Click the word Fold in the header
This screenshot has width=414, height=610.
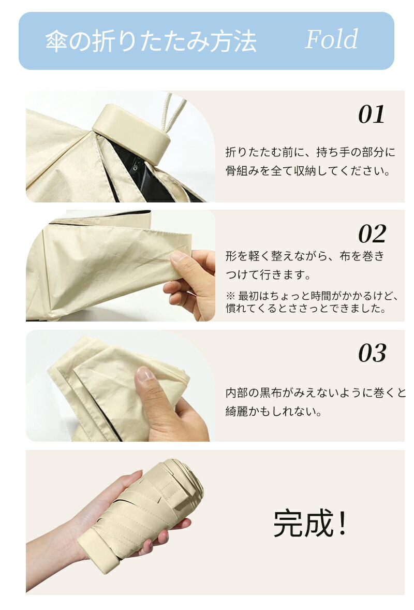coord(332,39)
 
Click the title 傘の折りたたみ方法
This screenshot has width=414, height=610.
coord(151,41)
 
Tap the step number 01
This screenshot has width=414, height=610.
coord(372,114)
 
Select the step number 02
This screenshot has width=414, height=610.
coord(372,234)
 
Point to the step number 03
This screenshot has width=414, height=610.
coord(372,353)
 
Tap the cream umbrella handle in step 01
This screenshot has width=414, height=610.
coord(131,133)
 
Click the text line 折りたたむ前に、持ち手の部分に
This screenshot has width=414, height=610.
coord(310,152)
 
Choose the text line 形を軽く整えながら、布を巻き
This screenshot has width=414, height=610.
coord(305,256)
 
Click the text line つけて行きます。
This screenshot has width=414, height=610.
coord(269,274)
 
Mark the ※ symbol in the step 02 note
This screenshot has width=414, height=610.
coord(230,296)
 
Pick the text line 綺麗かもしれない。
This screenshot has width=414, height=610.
coord(274,411)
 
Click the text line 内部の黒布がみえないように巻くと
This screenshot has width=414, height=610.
coord(315,393)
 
